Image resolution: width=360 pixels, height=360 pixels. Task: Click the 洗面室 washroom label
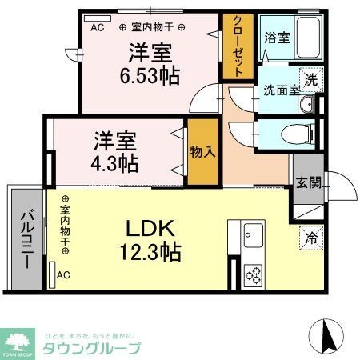282,89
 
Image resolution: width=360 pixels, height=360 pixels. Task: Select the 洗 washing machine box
310,79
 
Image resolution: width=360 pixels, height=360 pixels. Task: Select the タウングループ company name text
91,348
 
